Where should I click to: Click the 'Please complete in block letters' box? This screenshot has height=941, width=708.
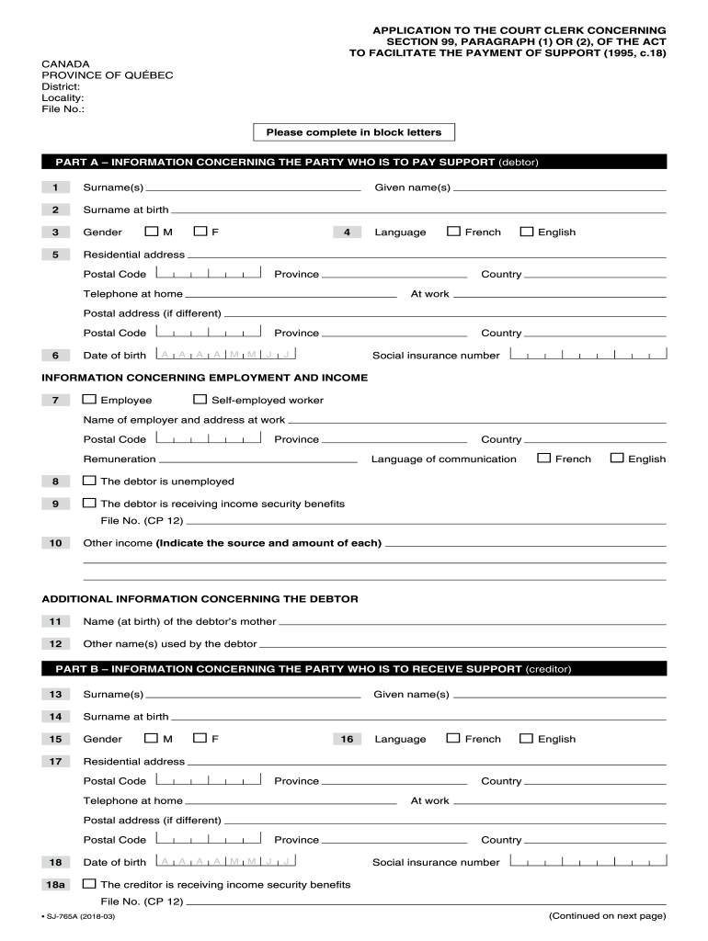354,132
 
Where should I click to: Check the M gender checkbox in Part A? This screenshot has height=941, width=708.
152,232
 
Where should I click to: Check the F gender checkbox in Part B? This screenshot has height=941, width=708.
200,738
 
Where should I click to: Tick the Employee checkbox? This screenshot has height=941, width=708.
89,400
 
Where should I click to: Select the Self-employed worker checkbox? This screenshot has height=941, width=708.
200,400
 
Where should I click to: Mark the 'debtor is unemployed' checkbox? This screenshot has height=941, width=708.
89,481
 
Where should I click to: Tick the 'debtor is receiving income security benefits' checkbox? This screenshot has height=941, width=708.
89,503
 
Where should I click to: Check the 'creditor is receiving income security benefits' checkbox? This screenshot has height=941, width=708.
89,884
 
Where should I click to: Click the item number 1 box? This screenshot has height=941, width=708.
55,187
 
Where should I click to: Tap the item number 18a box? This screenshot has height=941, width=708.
55,884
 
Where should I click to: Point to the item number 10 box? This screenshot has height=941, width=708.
55,543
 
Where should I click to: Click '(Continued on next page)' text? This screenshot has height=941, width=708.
607,916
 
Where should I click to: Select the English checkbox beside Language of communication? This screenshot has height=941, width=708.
617,458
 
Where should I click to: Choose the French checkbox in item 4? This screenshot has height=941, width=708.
453,232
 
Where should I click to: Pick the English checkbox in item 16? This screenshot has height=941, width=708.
526,738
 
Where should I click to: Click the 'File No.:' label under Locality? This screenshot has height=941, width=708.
63,109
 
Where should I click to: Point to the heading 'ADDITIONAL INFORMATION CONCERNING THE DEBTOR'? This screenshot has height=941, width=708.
200,599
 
